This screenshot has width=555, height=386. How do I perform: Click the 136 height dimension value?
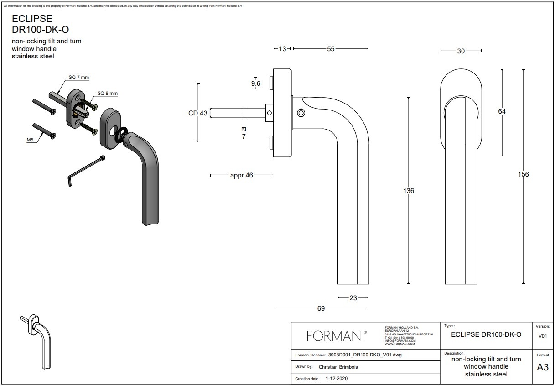(x=409, y=191)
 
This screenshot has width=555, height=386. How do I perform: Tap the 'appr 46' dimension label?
(x=242, y=175)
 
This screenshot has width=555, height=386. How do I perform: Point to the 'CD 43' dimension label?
(x=198, y=113)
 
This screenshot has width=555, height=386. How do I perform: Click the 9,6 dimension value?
(x=256, y=83)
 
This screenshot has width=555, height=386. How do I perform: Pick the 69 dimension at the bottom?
(x=321, y=308)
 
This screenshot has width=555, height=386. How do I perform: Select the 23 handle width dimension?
(x=353, y=298)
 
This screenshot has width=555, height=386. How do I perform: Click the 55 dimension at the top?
(x=331, y=49)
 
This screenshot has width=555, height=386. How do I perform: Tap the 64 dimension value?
(x=502, y=111)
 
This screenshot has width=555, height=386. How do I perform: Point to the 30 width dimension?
(x=461, y=51)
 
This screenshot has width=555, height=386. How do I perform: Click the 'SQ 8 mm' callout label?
(x=107, y=94)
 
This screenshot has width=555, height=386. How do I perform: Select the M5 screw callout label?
(x=30, y=140)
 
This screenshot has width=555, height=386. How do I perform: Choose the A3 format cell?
(x=543, y=368)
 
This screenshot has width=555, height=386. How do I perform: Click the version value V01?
(x=543, y=336)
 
